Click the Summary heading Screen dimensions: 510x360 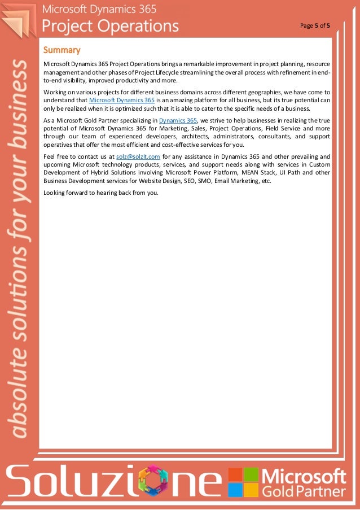tap(62, 50)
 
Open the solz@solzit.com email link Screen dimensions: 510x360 tap(138, 156)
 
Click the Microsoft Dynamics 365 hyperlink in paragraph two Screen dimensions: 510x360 tap(122, 99)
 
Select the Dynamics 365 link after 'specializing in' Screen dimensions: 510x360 tap(178, 120)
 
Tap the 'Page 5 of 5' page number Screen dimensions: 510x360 tap(315, 26)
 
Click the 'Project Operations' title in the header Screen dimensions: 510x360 tap(111, 26)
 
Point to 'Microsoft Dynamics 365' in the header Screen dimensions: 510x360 tap(100, 10)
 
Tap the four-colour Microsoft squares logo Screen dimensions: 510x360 tap(243, 482)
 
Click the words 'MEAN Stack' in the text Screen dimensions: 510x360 tap(260, 173)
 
